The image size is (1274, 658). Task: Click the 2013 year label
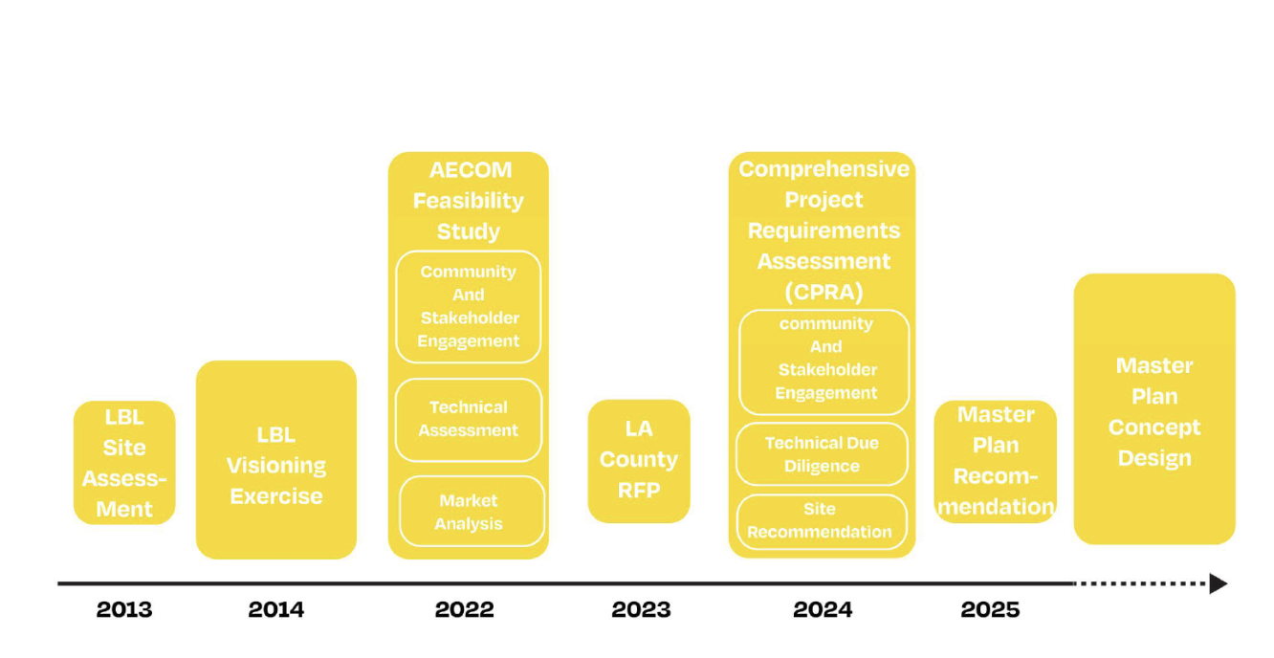(124, 609)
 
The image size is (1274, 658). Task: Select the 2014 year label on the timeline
(276, 609)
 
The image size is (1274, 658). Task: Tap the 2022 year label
(465, 609)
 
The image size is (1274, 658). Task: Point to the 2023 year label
(642, 609)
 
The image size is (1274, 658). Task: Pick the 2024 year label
(823, 609)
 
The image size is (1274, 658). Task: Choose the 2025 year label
(991, 609)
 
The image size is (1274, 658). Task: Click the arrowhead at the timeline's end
(1219, 583)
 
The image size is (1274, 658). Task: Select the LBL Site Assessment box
(124, 463)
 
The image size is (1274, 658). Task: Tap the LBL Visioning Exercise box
(276, 460)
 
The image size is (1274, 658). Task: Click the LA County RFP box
(639, 461)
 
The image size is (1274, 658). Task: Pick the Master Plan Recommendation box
(996, 461)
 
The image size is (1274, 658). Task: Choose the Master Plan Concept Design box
(1154, 409)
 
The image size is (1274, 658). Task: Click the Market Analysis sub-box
(469, 512)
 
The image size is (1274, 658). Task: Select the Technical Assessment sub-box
(469, 419)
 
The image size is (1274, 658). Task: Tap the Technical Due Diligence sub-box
(822, 454)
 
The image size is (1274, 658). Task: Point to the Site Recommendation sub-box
(821, 521)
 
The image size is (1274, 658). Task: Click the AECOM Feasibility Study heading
(469, 201)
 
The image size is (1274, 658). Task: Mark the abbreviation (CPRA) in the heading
(824, 292)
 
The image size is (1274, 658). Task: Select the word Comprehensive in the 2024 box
(824, 169)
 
